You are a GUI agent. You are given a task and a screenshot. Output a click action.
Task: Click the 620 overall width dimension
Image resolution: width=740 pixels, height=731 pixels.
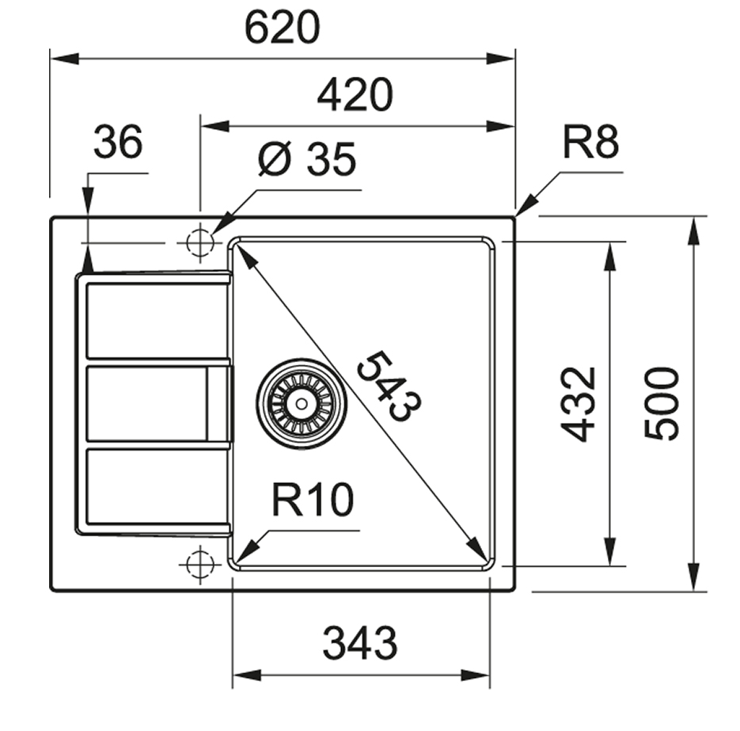pyautogui.click(x=282, y=29)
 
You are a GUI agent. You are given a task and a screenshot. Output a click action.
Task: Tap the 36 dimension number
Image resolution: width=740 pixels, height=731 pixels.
pyautogui.click(x=118, y=143)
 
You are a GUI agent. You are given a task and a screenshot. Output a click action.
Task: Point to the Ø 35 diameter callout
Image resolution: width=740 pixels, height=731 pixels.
pyautogui.click(x=307, y=161)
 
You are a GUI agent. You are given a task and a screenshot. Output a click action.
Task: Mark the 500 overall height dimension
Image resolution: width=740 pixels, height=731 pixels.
pyautogui.click(x=662, y=403)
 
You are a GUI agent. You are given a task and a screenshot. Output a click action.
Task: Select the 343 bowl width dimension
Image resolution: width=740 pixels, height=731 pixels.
pyautogui.click(x=360, y=643)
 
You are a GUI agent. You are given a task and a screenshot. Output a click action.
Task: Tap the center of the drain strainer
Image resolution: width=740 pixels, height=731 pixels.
pyautogui.click(x=301, y=403)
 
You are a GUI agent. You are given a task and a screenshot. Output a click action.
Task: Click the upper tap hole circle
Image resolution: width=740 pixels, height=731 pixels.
pyautogui.click(x=199, y=242)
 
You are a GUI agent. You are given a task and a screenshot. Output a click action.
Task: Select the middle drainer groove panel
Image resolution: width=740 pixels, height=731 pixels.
pyautogui.click(x=146, y=403)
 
